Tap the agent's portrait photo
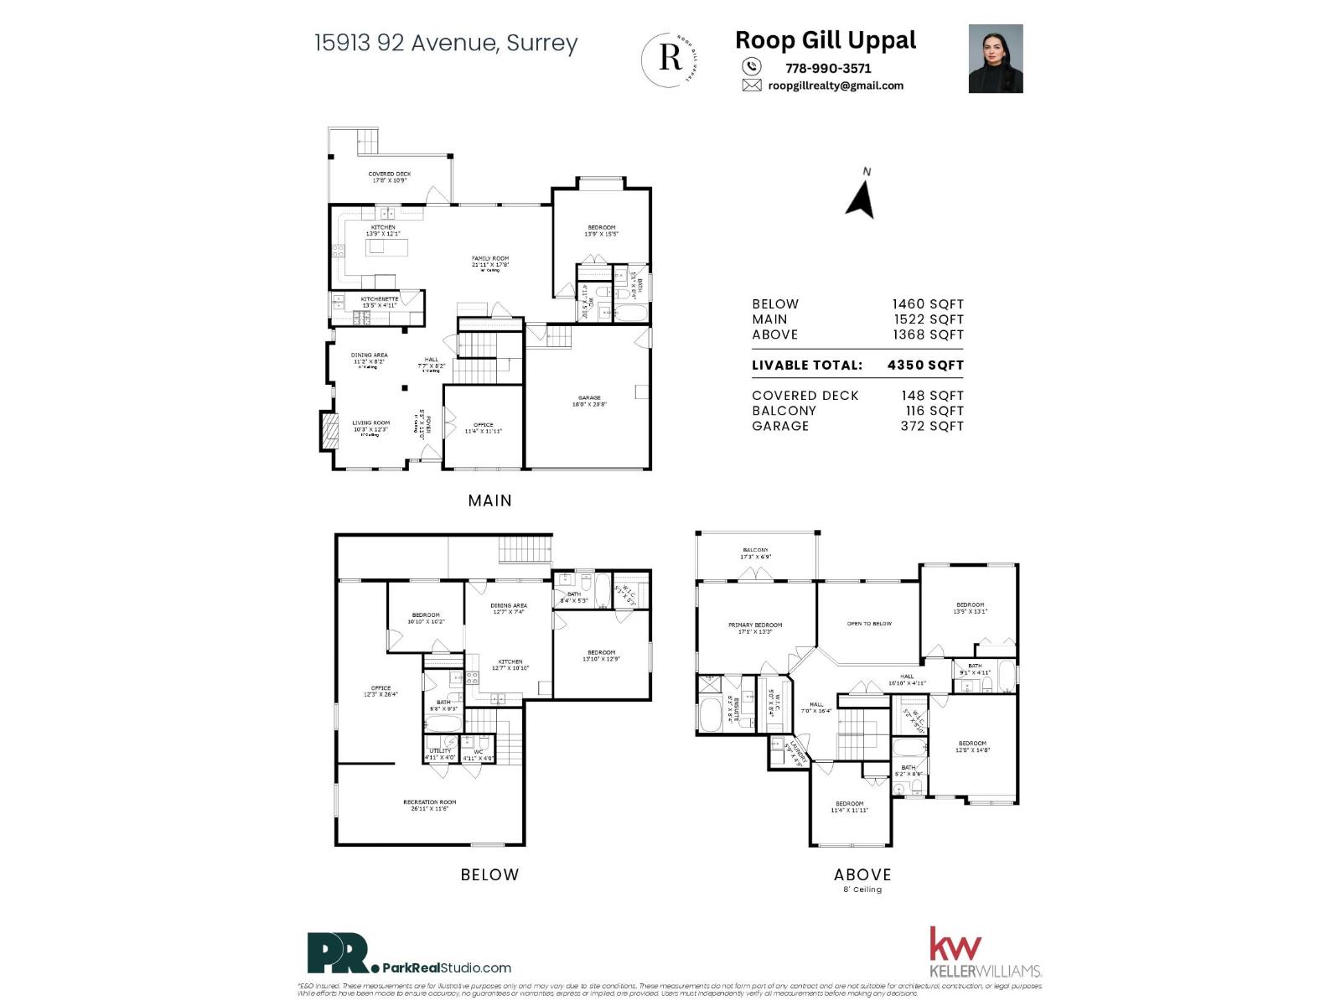(x=996, y=59)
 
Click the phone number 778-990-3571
(x=828, y=69)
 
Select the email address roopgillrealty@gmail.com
(x=836, y=86)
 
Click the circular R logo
(x=670, y=58)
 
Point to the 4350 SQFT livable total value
(x=925, y=365)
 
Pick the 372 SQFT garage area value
(x=932, y=426)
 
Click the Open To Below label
(x=869, y=624)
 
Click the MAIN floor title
(x=489, y=500)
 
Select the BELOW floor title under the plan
(x=489, y=874)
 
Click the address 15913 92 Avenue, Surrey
(x=446, y=43)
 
